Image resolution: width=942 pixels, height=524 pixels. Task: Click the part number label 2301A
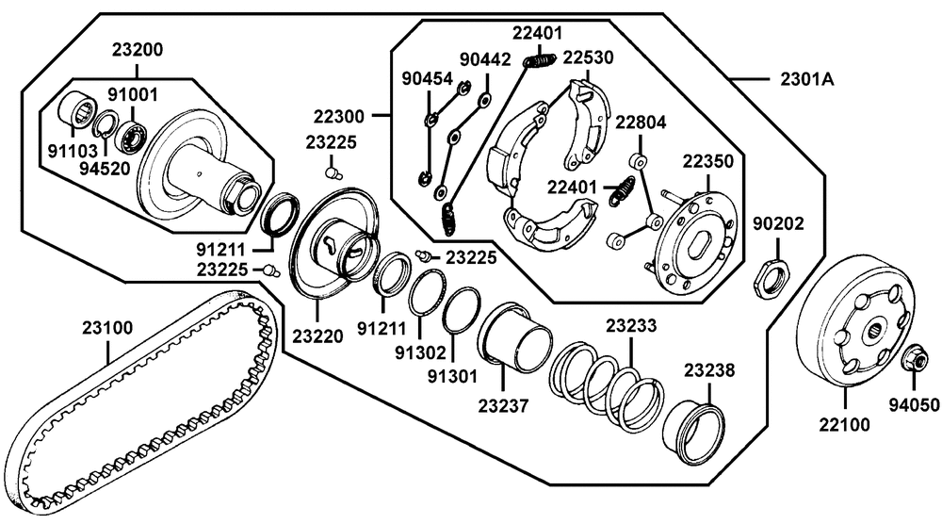point(806,79)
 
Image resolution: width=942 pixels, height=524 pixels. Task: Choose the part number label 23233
point(631,326)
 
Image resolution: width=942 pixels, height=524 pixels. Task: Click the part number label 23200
point(137,49)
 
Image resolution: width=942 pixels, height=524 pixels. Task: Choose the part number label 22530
point(588,57)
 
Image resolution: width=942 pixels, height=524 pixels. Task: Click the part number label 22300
point(339,116)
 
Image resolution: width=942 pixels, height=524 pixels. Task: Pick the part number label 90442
point(485,59)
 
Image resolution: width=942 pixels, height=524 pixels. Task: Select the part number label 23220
point(317,336)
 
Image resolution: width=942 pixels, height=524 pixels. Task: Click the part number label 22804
point(641,123)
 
